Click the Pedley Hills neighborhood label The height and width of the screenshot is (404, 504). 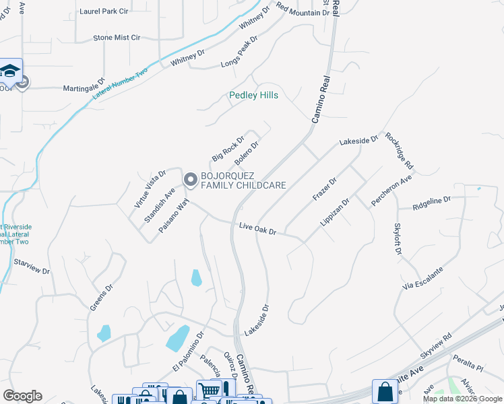[x=254, y=96]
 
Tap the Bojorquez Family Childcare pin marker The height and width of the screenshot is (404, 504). [x=190, y=180]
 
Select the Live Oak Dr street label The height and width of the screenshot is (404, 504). [x=258, y=229]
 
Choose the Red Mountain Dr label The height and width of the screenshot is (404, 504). [x=303, y=11]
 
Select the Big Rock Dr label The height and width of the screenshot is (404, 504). [x=227, y=149]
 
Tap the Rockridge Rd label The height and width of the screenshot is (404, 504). [x=400, y=151]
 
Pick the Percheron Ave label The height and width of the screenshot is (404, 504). [x=391, y=192]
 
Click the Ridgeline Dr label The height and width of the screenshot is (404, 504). [x=431, y=201]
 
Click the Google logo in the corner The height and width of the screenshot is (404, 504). [x=22, y=396]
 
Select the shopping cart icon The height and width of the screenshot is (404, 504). [x=210, y=390]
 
